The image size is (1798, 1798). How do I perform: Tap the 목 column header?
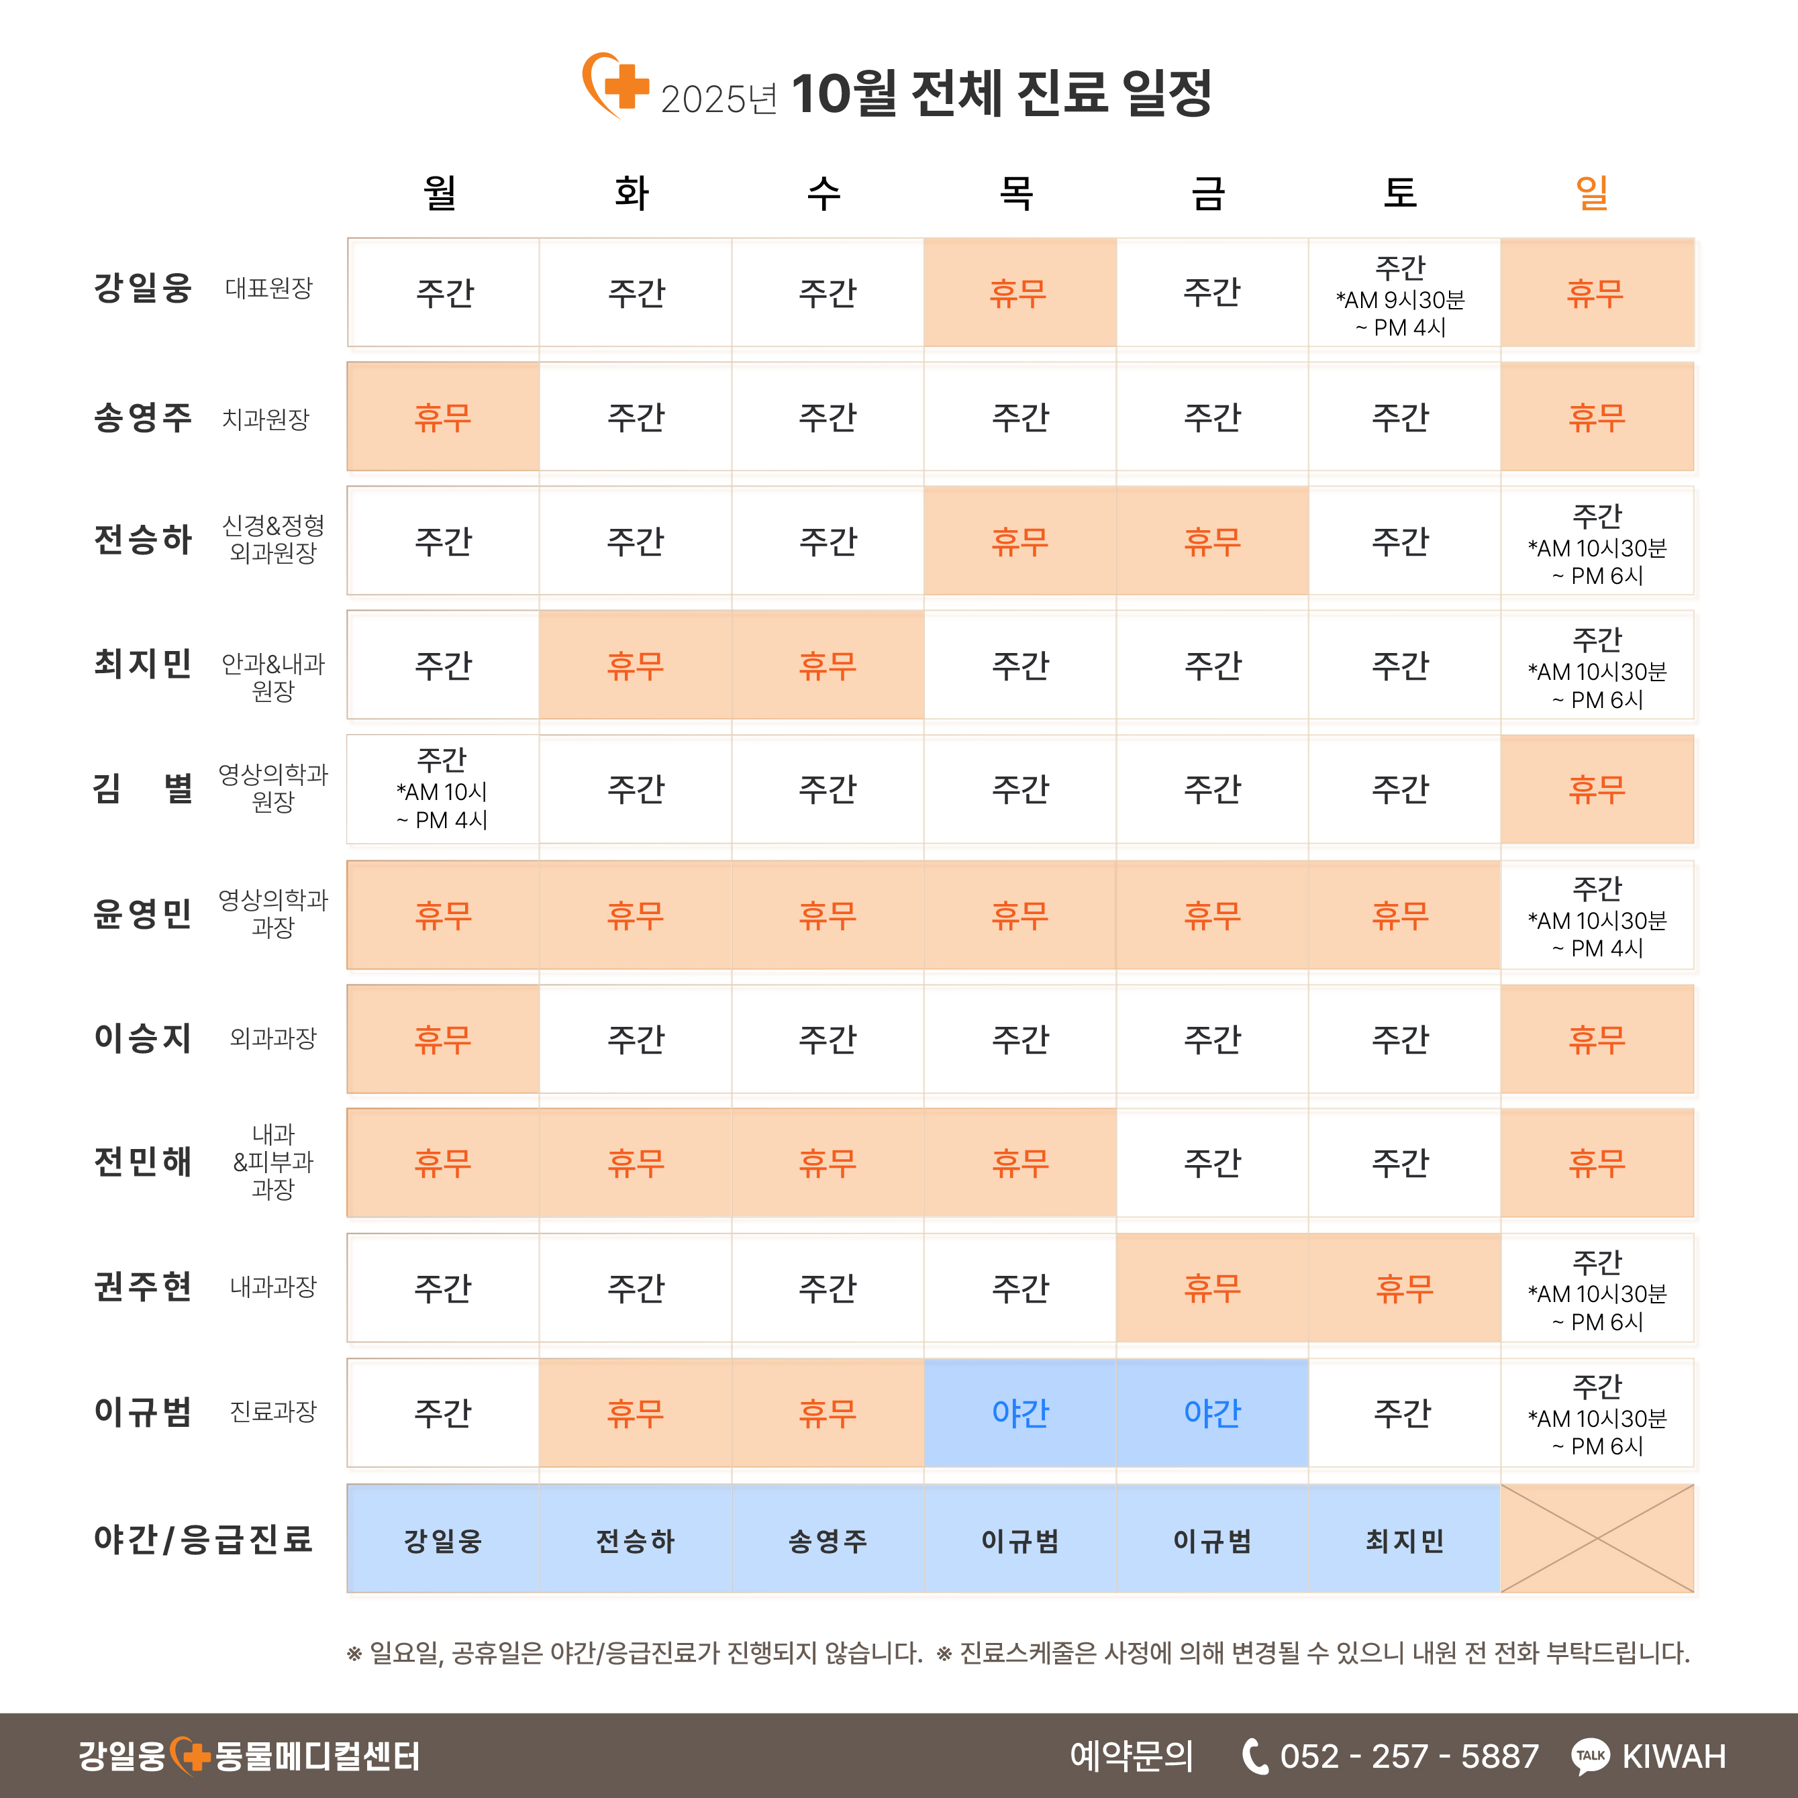(x=1016, y=193)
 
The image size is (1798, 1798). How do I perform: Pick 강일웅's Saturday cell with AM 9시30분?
(x=1401, y=295)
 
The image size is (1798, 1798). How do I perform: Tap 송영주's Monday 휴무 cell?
(x=443, y=417)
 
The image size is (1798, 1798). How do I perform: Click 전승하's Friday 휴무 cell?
(x=1211, y=542)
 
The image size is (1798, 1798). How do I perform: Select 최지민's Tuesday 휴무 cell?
(x=636, y=665)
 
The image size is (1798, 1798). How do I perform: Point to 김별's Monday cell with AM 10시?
(x=443, y=789)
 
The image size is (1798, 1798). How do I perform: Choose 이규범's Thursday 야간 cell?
(x=1020, y=1413)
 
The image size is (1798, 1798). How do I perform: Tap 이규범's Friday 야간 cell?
(x=1211, y=1413)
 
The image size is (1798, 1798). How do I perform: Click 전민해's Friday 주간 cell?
(x=1211, y=1163)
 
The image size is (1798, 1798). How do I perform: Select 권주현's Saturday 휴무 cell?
(x=1403, y=1288)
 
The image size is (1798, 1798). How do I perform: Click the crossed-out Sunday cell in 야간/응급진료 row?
(x=1597, y=1538)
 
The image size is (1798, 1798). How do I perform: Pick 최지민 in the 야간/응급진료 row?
(x=1403, y=1541)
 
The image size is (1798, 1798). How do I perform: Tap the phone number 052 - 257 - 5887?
(x=1409, y=1756)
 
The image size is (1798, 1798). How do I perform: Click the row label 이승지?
(x=142, y=1038)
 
